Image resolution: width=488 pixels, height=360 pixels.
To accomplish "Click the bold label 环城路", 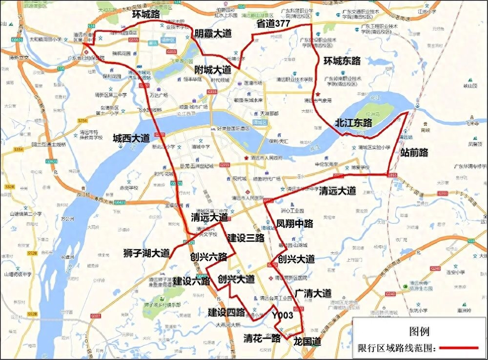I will (x=146, y=15).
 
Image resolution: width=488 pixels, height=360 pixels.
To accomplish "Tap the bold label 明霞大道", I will (x=213, y=34).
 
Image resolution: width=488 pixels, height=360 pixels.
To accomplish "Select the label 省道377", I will (x=274, y=23).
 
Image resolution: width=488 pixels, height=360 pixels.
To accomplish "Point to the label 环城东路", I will (x=342, y=61).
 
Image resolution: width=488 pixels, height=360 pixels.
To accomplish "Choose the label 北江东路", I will (x=353, y=123).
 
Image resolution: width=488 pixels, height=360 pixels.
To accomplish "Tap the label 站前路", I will (x=413, y=153).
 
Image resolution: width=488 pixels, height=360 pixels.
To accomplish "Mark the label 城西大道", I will (x=131, y=138).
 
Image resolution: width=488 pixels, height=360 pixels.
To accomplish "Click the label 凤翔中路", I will (x=294, y=223).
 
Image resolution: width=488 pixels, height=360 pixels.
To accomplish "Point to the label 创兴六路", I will (x=209, y=257).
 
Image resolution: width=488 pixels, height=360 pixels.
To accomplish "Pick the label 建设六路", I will (x=191, y=281).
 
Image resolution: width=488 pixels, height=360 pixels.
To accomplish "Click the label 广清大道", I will (x=313, y=293).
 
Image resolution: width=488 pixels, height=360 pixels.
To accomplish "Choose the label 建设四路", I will (x=226, y=312).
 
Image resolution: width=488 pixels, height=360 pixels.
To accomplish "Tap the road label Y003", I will (x=283, y=316).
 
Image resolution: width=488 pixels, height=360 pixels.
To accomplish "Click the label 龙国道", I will (x=307, y=342).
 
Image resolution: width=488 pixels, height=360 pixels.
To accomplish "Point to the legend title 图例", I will (x=420, y=332).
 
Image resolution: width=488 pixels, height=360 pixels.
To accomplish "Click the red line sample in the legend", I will (x=458, y=348).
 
